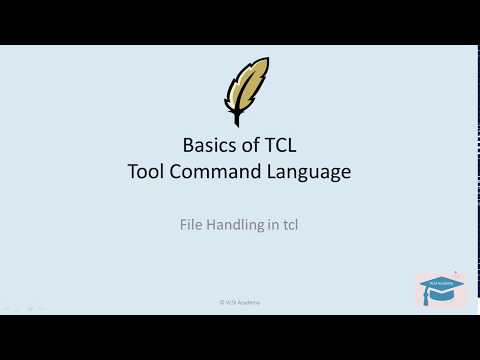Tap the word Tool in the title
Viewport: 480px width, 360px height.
pos(147,171)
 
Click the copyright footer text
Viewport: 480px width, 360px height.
pos(240,301)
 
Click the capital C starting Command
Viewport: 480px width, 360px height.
pos(177,171)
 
